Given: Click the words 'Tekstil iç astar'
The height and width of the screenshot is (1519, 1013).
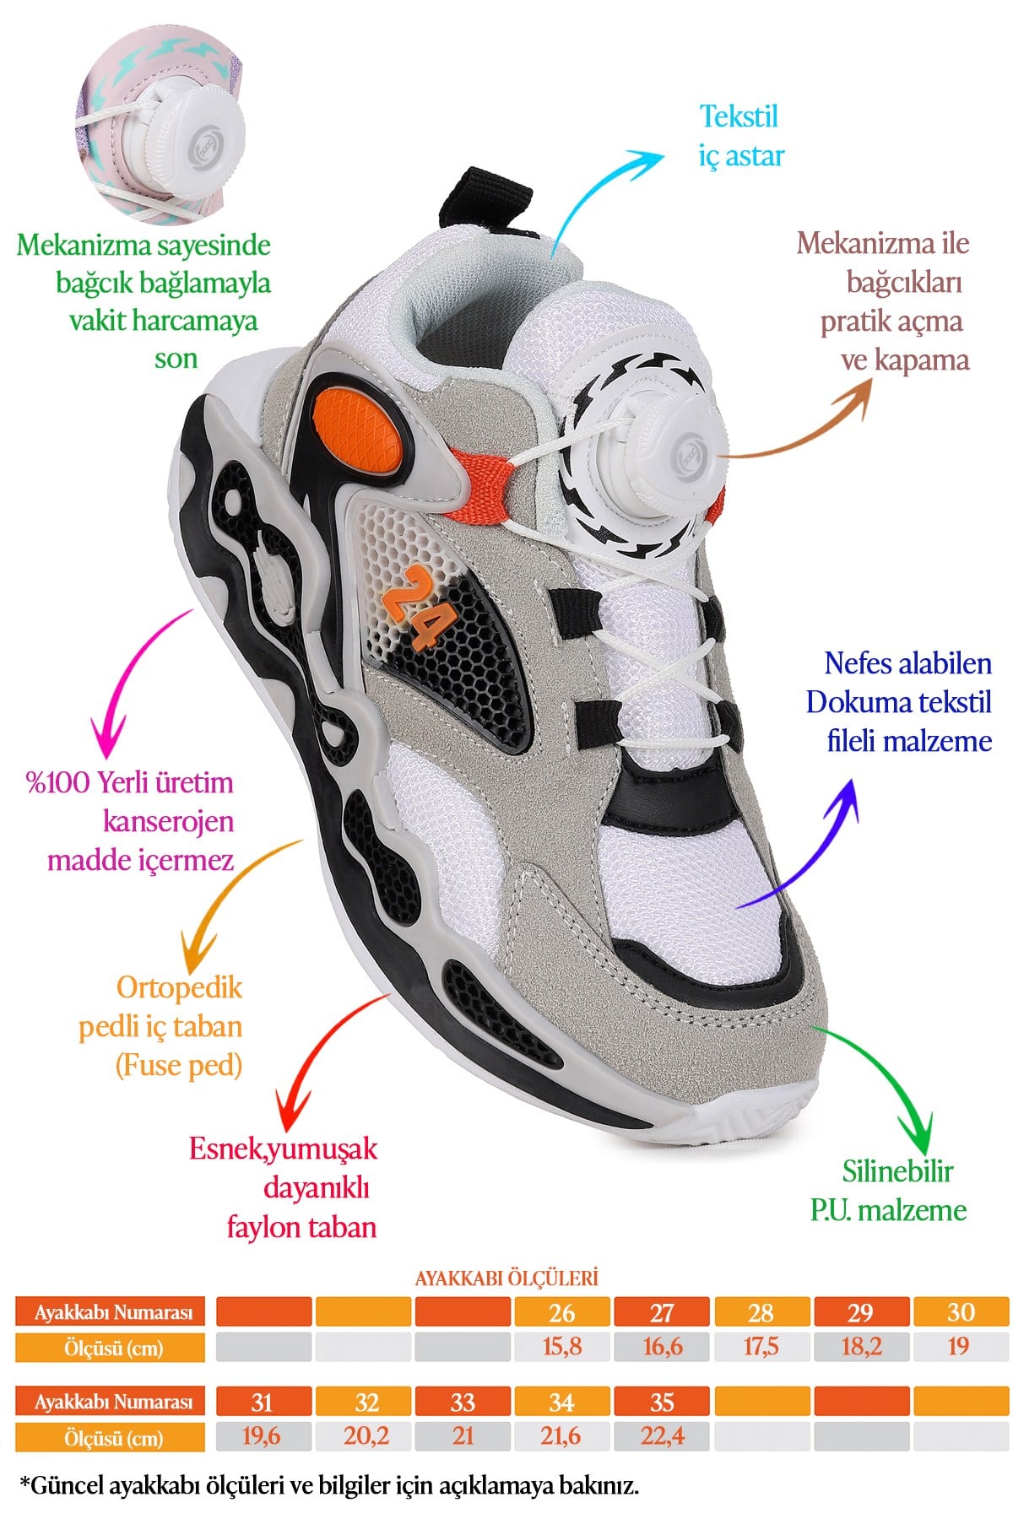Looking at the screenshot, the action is click(x=741, y=136).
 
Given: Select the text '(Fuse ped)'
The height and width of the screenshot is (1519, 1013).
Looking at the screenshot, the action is click(x=179, y=1065).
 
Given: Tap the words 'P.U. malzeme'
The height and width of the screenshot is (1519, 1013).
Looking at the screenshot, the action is click(x=888, y=1210).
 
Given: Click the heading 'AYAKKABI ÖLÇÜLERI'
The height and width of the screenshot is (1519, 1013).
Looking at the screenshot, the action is click(x=506, y=1278).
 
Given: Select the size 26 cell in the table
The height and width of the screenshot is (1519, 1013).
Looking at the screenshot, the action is click(x=562, y=1312).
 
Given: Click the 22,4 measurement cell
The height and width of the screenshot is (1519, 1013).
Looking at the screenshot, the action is click(x=663, y=1435).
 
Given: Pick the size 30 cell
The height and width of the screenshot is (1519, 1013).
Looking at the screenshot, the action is click(x=961, y=1312).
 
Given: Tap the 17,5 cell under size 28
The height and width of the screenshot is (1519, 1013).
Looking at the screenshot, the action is click(x=761, y=1346).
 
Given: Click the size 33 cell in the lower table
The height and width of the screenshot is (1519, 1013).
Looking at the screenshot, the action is click(x=463, y=1402).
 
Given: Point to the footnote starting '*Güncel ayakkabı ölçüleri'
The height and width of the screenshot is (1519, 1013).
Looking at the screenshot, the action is click(x=328, y=1486).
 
